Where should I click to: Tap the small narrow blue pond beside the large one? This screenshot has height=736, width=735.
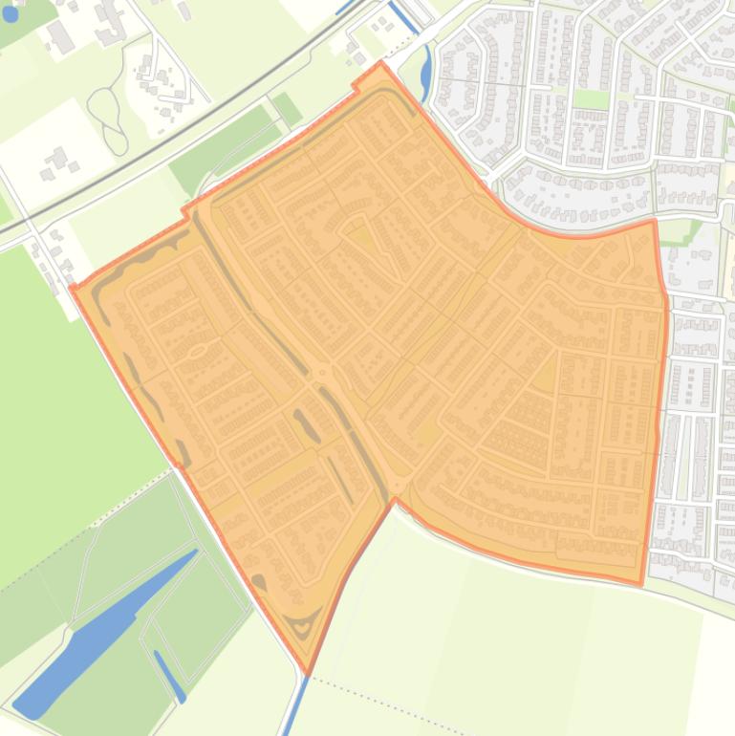click(169, 675)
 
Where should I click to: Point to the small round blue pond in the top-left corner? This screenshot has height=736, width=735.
click(11, 14)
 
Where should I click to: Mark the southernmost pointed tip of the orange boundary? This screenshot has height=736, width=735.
click(307, 673)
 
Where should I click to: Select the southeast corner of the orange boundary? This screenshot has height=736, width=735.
click(640, 583)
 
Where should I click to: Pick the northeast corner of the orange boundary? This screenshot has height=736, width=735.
click(655, 221)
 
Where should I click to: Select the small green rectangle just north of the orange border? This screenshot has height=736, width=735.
click(287, 109)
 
